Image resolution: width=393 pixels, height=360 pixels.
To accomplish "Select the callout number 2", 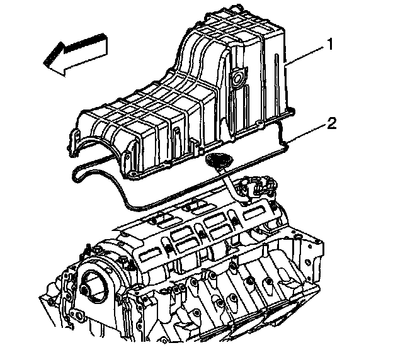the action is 330,122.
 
